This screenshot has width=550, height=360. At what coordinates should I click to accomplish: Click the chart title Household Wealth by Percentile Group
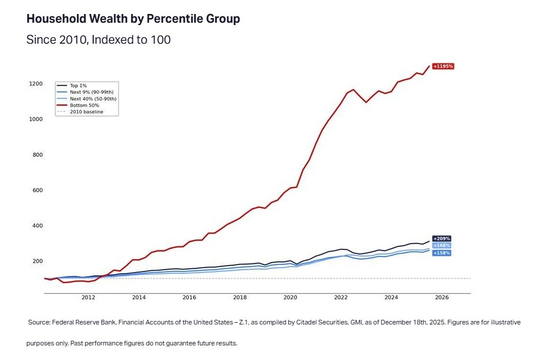[133, 19]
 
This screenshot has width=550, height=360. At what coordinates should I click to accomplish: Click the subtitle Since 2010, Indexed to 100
[98, 40]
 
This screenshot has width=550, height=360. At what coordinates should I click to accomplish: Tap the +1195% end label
[443, 66]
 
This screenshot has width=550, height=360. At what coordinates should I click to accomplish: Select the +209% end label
[442, 239]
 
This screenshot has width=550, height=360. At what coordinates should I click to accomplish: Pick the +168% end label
[442, 246]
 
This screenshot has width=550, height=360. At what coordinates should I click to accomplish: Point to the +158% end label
[442, 253]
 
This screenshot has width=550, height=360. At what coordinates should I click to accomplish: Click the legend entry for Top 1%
[78, 86]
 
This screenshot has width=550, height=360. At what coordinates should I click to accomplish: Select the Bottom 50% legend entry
[84, 105]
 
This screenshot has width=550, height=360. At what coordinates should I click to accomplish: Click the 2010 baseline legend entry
[86, 112]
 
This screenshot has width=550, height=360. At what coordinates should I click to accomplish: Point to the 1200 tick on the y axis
[36, 84]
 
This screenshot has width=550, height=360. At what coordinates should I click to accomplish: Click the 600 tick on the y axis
[37, 190]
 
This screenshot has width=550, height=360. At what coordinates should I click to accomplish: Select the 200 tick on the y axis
[37, 262]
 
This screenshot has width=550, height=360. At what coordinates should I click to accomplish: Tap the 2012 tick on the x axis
[89, 298]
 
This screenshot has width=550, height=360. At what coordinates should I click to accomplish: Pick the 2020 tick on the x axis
[290, 298]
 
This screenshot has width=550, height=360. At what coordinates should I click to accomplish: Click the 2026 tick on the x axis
[442, 298]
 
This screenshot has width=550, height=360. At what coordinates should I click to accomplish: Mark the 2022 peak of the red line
[353, 90]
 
